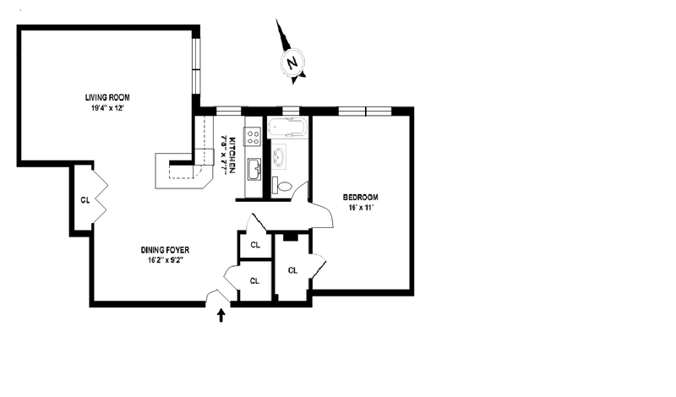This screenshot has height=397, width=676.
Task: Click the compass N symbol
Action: [292, 63]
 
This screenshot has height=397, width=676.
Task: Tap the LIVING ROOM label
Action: [106, 97]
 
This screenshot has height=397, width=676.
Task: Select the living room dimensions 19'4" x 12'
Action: [106, 108]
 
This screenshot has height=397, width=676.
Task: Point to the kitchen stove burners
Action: [252, 136]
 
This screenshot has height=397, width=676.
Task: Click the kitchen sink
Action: [253, 170]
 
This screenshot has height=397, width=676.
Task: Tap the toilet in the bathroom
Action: [284, 186]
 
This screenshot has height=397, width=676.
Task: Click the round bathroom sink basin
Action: [279, 158]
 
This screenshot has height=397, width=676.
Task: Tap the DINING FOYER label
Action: [165, 250]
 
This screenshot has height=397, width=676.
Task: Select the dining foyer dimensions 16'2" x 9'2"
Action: [165, 261]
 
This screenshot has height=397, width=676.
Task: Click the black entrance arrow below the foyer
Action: [222, 316]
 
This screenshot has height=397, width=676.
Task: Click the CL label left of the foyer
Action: [84, 200]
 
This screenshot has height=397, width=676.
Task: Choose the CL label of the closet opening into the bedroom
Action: [292, 270]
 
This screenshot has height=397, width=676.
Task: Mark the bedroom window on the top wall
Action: [364, 111]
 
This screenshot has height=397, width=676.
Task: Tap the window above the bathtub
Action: [290, 111]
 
